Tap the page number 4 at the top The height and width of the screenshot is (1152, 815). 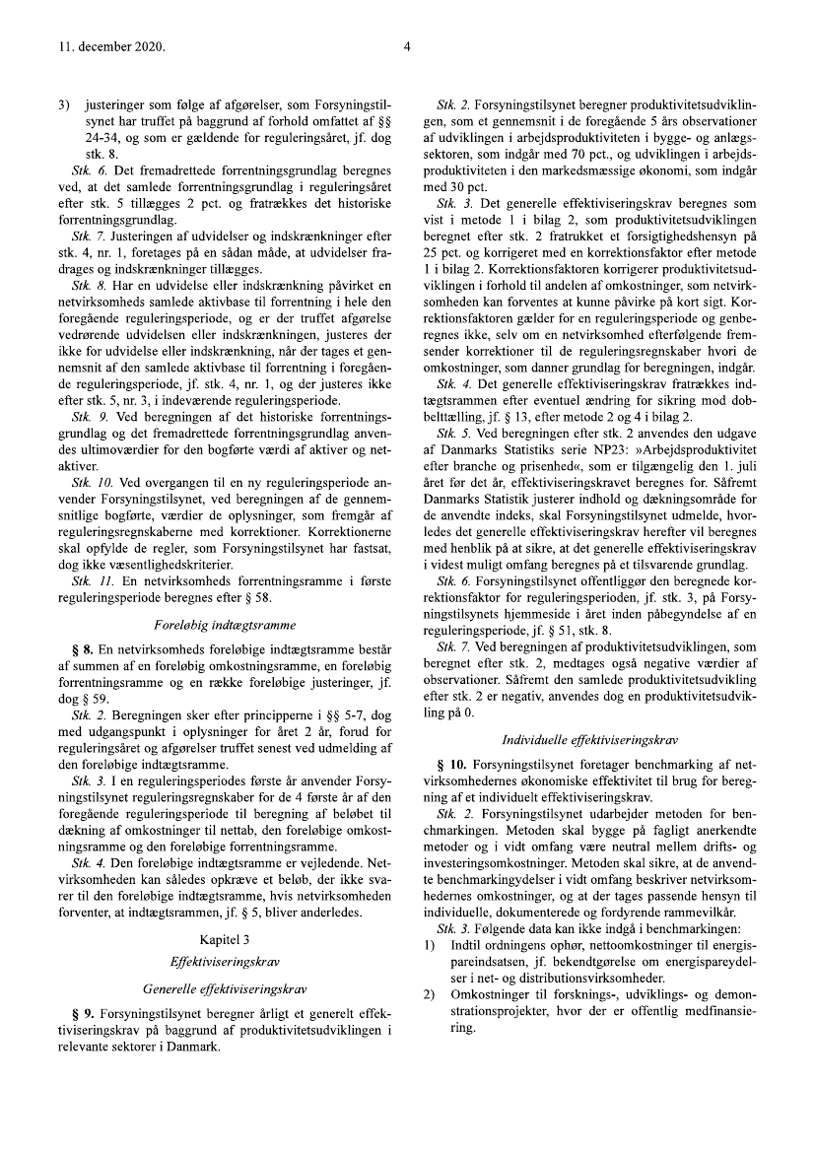(x=407, y=45)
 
